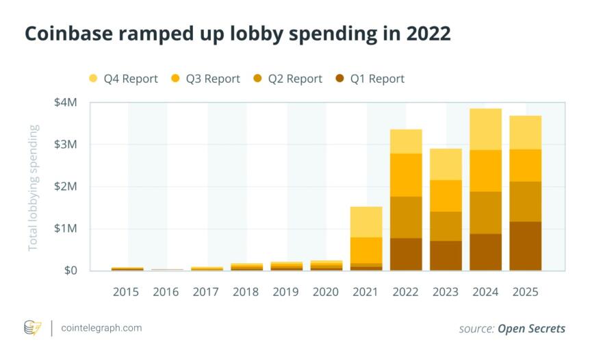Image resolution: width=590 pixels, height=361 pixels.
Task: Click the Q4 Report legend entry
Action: pyautogui.click(x=123, y=79)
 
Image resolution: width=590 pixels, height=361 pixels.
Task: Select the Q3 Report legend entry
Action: pyautogui.click(x=205, y=79)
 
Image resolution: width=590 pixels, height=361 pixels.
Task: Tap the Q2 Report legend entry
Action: pyautogui.click(x=287, y=79)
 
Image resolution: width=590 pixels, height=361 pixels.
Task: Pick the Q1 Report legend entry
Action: pyautogui.click(x=370, y=79)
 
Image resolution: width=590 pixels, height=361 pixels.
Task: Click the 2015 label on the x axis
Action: pyautogui.click(x=125, y=292)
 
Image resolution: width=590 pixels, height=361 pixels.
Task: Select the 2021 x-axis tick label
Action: pyautogui.click(x=365, y=292)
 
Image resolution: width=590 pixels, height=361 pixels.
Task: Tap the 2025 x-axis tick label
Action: pyautogui.click(x=524, y=292)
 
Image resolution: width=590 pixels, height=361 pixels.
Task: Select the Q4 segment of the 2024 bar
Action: pyautogui.click(x=485, y=129)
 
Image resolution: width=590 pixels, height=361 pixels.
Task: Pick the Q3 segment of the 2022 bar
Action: pyautogui.click(x=406, y=175)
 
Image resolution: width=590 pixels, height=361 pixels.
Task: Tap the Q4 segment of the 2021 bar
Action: pyautogui.click(x=365, y=221)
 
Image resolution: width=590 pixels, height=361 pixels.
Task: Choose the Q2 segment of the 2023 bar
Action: pyautogui.click(x=446, y=226)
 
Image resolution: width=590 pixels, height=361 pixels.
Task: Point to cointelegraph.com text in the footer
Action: pyautogui.click(x=101, y=328)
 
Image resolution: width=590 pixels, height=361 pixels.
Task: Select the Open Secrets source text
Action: pyautogui.click(x=531, y=329)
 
